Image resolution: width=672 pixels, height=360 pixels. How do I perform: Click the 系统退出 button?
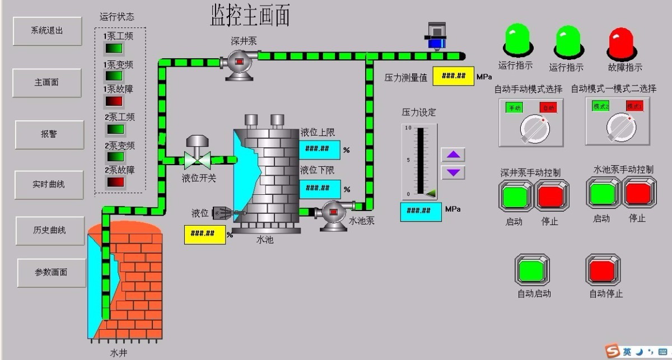(47, 31)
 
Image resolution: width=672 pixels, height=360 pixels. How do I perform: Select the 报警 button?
(49, 134)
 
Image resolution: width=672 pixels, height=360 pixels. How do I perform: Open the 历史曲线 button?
(49, 230)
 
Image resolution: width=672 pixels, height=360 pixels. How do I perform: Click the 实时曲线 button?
(49, 184)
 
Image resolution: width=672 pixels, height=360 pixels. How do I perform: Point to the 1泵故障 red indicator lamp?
(114, 101)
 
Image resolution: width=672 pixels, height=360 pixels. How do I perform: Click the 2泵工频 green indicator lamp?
(114, 129)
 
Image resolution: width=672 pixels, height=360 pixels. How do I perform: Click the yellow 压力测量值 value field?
(454, 76)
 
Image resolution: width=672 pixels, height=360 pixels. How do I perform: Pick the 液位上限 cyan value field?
(320, 149)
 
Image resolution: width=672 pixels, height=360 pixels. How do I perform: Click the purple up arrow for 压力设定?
(452, 155)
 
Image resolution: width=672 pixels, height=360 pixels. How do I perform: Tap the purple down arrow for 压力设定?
(452, 172)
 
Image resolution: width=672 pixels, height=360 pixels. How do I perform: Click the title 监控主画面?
(250, 15)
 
